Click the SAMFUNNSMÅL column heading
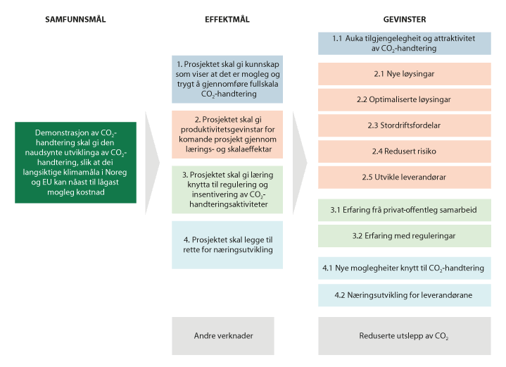coord(75,20)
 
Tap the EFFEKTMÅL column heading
coord(227,20)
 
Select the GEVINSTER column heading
coord(405,20)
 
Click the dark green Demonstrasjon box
coord(75,163)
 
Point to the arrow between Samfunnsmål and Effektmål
coord(152,163)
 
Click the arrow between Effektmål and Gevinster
coord(300,163)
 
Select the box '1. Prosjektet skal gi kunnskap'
coord(227,79)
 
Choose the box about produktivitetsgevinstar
coord(227,135)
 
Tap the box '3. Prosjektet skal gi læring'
coord(227,189)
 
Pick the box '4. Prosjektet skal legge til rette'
coord(227,245)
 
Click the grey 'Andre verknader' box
coord(223,336)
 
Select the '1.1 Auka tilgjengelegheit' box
coord(405,43)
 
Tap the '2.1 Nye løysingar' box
coord(405,74)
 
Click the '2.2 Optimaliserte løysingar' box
coord(405,100)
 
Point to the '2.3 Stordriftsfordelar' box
coord(405,125)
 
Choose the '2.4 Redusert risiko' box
coord(405,151)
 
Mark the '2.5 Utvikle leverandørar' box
coord(405,178)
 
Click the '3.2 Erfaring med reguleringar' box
coord(405,236)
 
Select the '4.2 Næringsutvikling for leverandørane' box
coord(405,295)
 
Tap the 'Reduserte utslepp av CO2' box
coord(405,336)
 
